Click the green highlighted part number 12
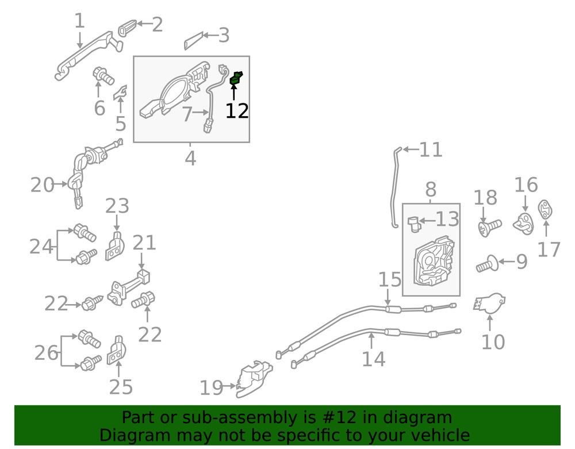(236, 78)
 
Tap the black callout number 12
(237, 111)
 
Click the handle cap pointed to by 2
(127, 28)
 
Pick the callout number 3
(224, 36)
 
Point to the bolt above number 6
(103, 75)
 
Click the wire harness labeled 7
(215, 98)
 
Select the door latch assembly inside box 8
(434, 261)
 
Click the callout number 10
(493, 341)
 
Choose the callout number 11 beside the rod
(431, 149)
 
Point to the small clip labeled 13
(413, 223)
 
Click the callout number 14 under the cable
(374, 359)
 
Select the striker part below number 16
(523, 224)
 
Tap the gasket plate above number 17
(545, 210)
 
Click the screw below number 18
(490, 227)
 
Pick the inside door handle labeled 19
(254, 379)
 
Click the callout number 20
(42, 185)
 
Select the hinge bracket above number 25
(117, 351)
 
